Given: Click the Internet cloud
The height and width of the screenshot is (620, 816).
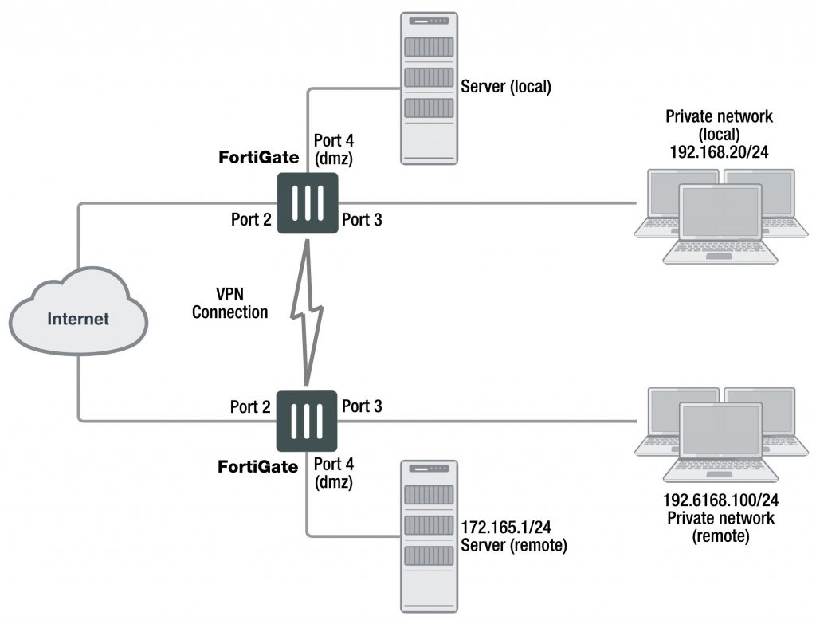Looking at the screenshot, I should (x=77, y=318).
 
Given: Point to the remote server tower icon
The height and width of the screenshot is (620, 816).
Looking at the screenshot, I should (x=429, y=536).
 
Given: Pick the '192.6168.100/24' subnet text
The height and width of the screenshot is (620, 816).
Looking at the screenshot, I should (x=719, y=502).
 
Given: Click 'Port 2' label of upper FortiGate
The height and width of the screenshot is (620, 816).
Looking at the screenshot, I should (x=251, y=220).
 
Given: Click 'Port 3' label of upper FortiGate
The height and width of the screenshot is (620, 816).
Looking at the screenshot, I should (x=362, y=220).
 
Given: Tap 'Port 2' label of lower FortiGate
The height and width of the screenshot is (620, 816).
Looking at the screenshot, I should (x=251, y=407).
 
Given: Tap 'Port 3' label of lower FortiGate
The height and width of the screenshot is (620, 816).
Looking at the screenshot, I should (x=362, y=406).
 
